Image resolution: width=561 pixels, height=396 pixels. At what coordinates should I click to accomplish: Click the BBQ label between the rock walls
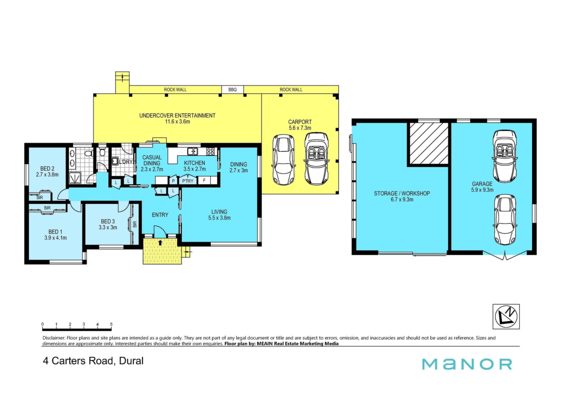(x=233, y=90)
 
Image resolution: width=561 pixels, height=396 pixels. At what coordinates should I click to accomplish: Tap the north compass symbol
(x=506, y=317)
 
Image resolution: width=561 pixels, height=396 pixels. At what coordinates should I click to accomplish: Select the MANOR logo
(x=467, y=364)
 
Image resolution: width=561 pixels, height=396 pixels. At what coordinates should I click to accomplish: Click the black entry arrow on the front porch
(x=160, y=242)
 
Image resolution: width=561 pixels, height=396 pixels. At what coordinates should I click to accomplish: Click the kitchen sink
(x=193, y=151)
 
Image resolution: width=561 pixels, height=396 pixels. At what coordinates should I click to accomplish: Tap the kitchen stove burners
(x=211, y=151)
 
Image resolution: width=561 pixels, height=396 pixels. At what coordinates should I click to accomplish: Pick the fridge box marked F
(x=204, y=181)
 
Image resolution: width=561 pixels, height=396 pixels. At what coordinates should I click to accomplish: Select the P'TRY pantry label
(x=188, y=181)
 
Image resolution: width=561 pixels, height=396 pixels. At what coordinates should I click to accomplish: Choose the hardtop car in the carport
(x=283, y=160)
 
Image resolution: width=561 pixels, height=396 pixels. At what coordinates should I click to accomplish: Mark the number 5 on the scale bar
(x=111, y=324)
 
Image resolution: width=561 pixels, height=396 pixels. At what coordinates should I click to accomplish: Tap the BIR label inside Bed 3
(x=135, y=224)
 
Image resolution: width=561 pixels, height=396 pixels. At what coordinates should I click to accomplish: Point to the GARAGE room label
(x=482, y=184)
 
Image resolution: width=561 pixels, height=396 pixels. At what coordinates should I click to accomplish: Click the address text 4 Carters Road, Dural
(x=93, y=361)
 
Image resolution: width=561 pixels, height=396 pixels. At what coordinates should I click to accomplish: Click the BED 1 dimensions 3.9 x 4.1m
(x=56, y=238)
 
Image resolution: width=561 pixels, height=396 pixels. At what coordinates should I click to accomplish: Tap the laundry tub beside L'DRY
(x=115, y=161)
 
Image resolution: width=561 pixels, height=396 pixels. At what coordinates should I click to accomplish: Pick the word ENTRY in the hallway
(x=160, y=215)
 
